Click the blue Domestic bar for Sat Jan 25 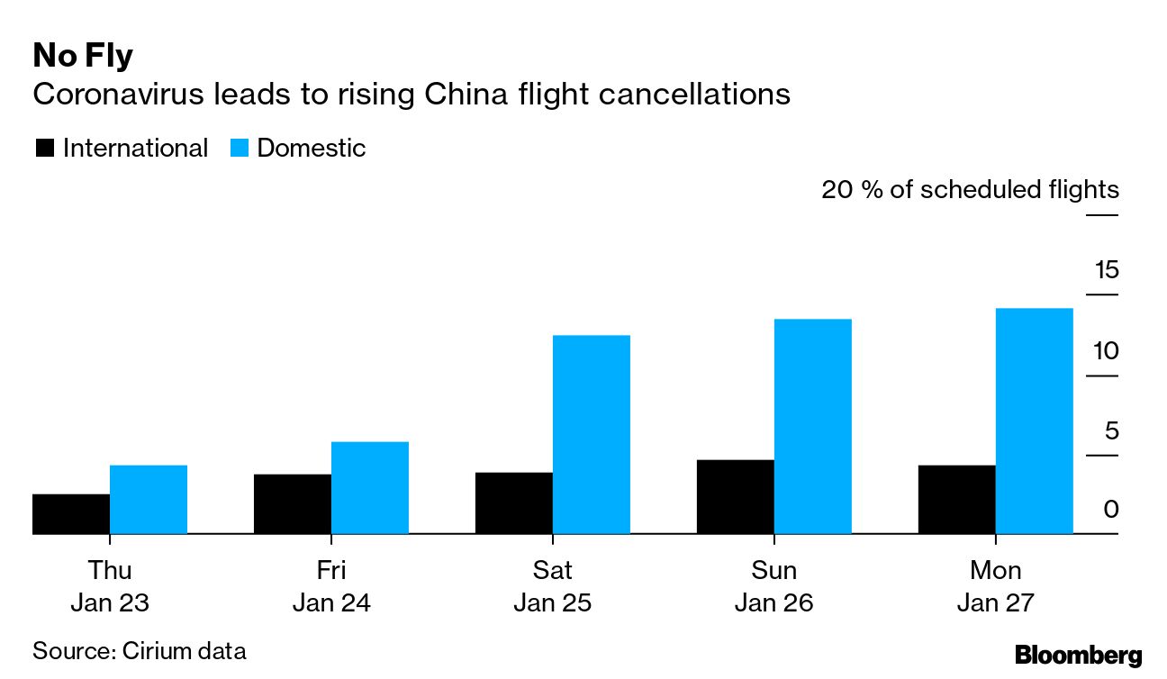pos(591,434)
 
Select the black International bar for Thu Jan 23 pos(70,513)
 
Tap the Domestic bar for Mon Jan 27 pos(1034,421)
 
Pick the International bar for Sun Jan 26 pos(735,496)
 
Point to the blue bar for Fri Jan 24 pos(369,487)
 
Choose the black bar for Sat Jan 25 pos(513,502)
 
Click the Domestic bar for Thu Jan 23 pos(148,499)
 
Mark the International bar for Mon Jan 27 pos(956,499)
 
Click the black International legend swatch pos(45,148)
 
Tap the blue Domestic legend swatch pos(240,148)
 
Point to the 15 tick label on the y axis pos(1106,269)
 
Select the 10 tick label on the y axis pos(1106,349)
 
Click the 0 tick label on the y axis pos(1111,510)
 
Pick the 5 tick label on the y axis pos(1111,430)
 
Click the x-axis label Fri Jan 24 pos(331,586)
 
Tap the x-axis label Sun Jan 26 pos(773,586)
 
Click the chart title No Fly pos(83,56)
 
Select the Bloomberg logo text pos(1078,656)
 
